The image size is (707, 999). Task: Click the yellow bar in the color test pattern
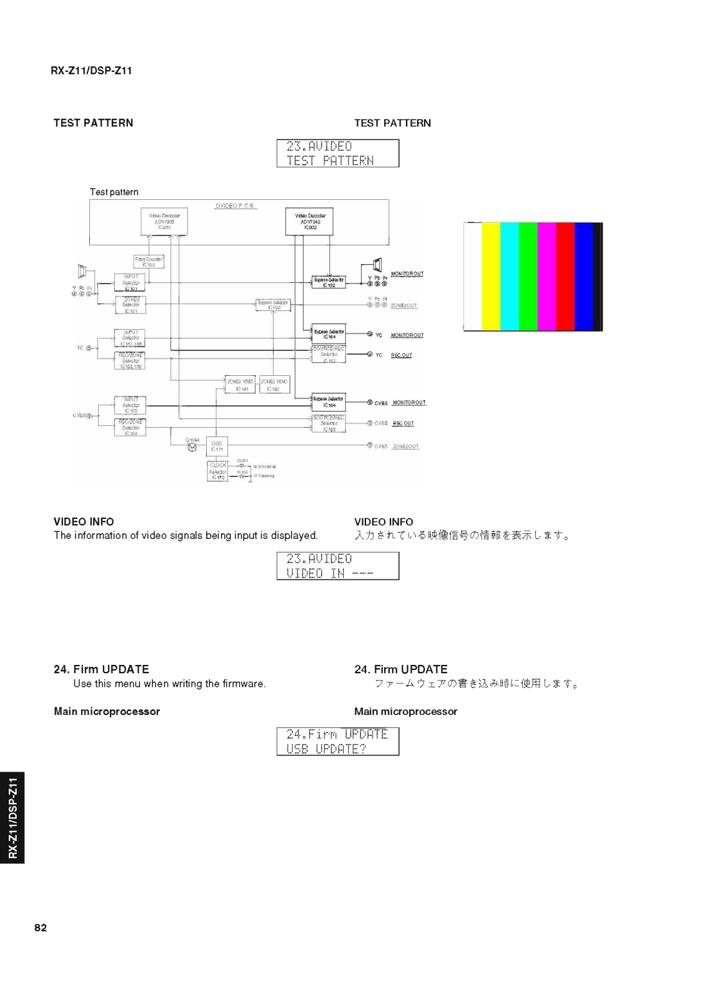pos(491,276)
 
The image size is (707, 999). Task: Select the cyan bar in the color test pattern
pos(510,276)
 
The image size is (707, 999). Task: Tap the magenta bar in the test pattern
pos(546,276)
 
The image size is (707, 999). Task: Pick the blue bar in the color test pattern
pos(583,276)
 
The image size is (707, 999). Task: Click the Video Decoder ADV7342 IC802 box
pos(310,222)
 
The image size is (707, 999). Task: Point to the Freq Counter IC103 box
pos(149,262)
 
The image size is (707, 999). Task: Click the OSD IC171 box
pos(217,446)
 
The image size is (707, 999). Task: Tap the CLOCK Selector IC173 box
pos(217,471)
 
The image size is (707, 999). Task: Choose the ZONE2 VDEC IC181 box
pos(240,385)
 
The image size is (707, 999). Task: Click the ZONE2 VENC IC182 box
pos(274,385)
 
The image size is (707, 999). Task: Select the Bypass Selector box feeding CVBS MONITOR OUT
pos(328,402)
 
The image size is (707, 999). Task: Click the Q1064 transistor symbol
pos(192,446)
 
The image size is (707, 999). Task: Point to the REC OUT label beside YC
pos(402,355)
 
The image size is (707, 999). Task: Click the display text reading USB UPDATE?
pos(326,749)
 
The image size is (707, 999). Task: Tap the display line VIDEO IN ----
pos(330,573)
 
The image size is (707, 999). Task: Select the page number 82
pos(41,928)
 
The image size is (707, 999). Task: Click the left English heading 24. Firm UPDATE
pos(101,669)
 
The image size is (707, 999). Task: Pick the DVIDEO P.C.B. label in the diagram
pos(235,206)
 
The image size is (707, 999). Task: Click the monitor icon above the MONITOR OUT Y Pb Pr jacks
pos(377,265)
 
